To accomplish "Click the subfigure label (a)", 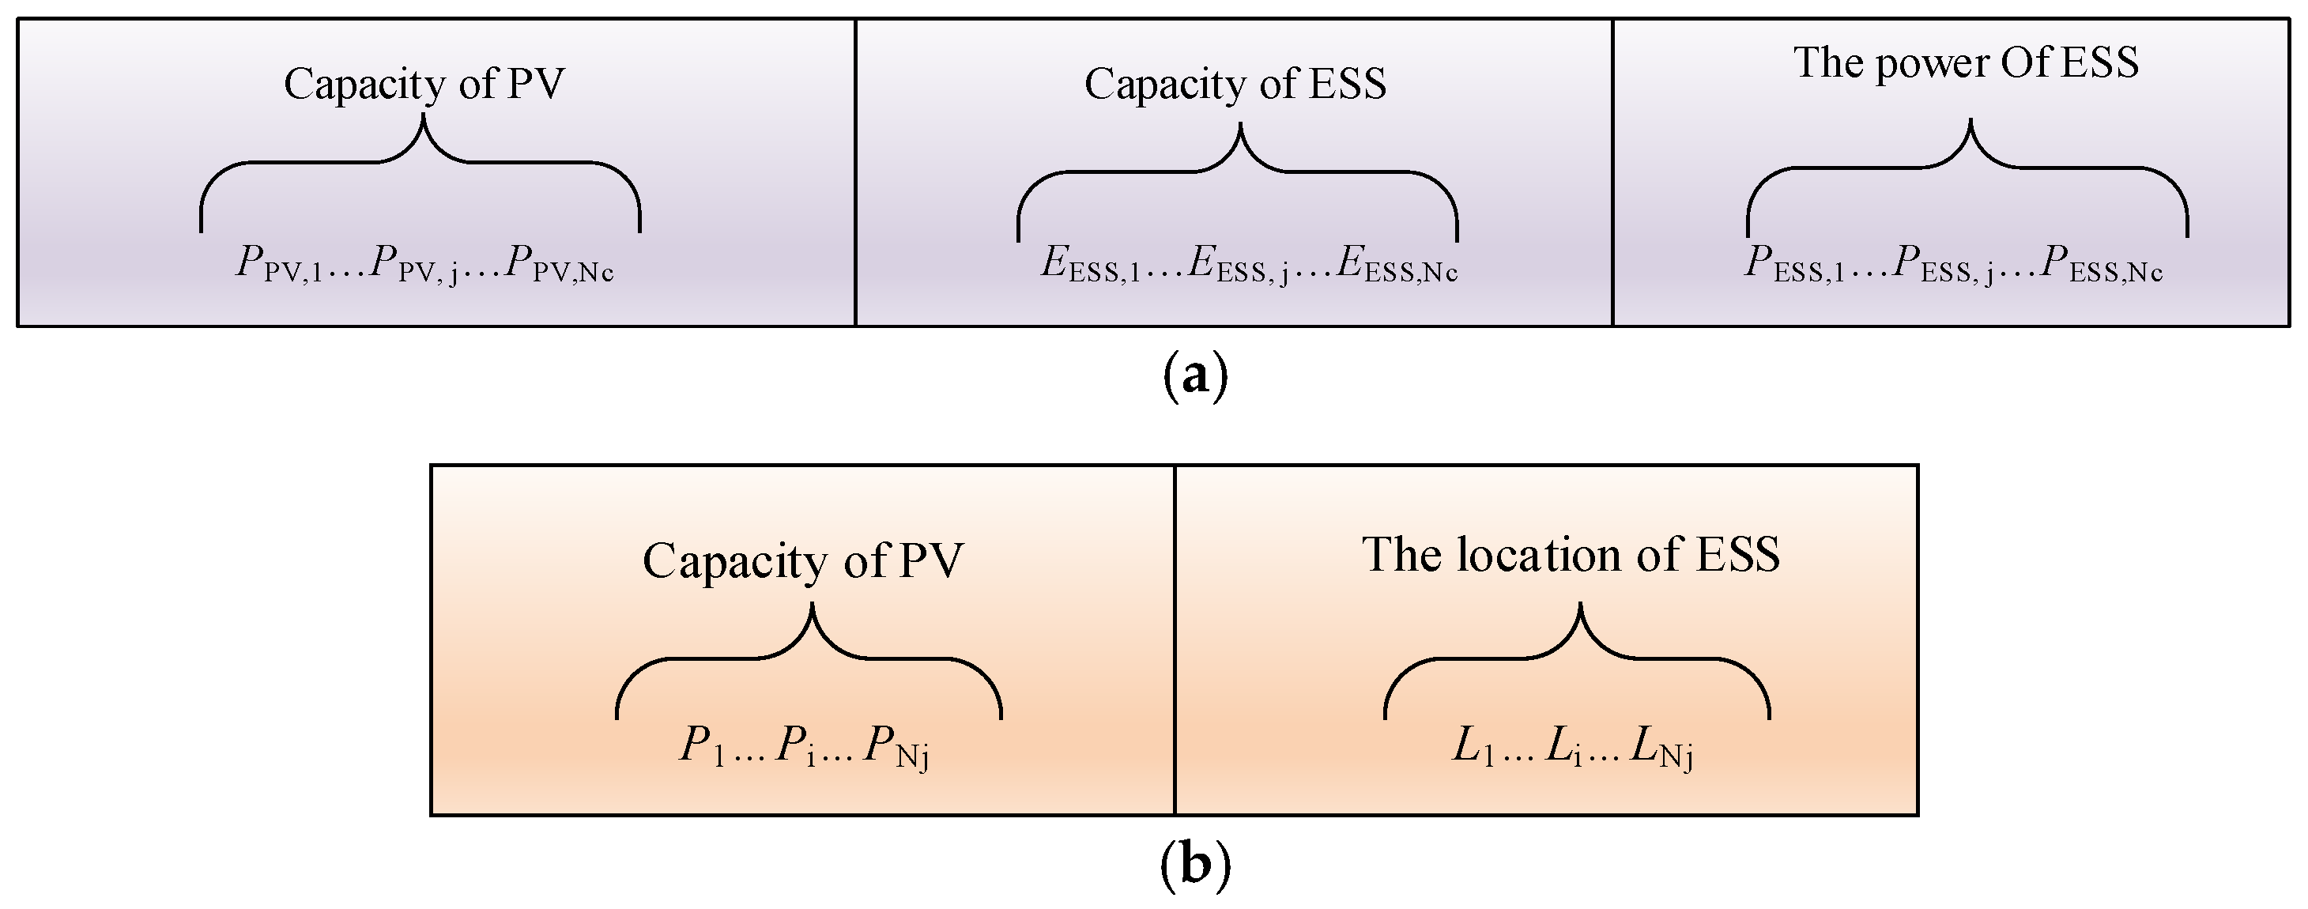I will pyautogui.click(x=1195, y=377).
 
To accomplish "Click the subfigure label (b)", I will pyautogui.click(x=1195, y=865).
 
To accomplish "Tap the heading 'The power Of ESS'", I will pyautogui.click(x=1967, y=63).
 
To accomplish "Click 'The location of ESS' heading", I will pyautogui.click(x=1571, y=554).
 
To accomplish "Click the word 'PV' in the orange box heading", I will pyautogui.click(x=931, y=561).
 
